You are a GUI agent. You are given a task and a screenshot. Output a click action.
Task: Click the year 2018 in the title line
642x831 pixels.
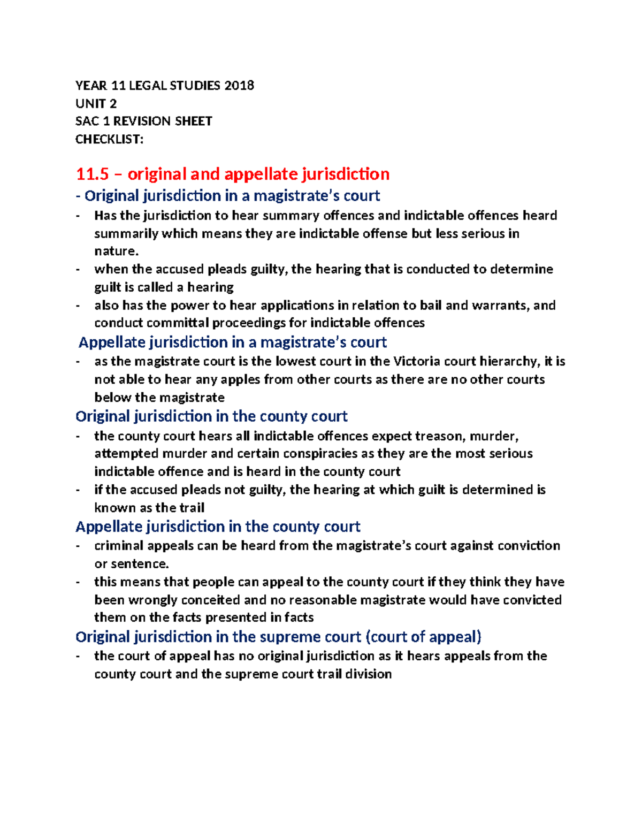[239, 86]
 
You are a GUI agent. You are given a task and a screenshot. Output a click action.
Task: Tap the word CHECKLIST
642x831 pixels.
[109, 140]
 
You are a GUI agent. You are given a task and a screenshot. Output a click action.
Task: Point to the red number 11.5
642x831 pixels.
[92, 174]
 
